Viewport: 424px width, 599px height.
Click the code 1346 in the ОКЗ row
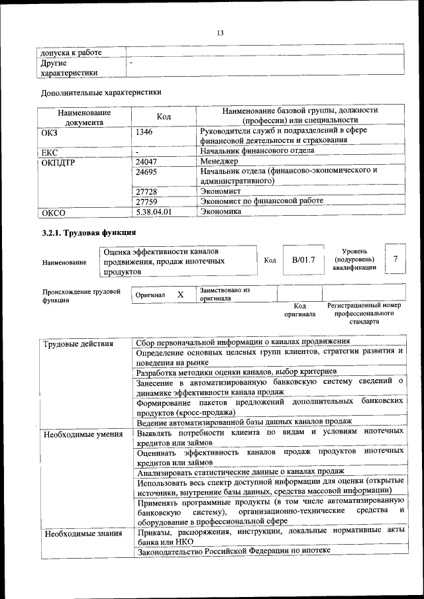[145, 132]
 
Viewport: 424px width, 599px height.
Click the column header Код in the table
[164, 116]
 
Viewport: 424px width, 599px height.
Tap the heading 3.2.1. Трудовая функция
[89, 233]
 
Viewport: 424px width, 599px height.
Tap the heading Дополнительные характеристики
[101, 93]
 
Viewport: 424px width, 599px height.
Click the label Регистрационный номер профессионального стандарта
[364, 314]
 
